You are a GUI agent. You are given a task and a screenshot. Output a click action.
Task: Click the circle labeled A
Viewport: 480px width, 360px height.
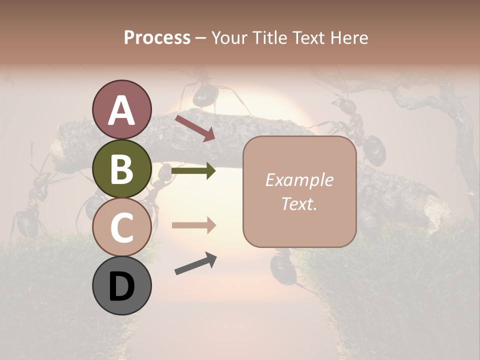tap(121, 109)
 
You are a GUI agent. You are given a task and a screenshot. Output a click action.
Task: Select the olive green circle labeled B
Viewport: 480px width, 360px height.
tap(121, 168)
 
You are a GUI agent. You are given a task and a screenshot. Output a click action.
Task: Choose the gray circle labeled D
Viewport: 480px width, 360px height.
tap(121, 285)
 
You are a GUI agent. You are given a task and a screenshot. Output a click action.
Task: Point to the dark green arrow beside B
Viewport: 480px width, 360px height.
tap(193, 171)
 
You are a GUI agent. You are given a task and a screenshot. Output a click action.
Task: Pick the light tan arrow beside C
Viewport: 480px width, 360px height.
tap(193, 225)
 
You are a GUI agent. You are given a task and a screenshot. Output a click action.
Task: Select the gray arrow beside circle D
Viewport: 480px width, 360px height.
tap(195, 263)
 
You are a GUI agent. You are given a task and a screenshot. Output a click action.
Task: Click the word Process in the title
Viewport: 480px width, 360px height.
tap(157, 37)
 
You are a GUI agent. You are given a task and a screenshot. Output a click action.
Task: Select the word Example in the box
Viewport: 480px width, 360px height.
tap(299, 180)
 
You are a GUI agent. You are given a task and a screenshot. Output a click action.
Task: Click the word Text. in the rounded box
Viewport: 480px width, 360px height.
tap(299, 204)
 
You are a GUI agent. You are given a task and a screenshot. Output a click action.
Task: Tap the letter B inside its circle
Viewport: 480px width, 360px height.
tap(121, 169)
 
